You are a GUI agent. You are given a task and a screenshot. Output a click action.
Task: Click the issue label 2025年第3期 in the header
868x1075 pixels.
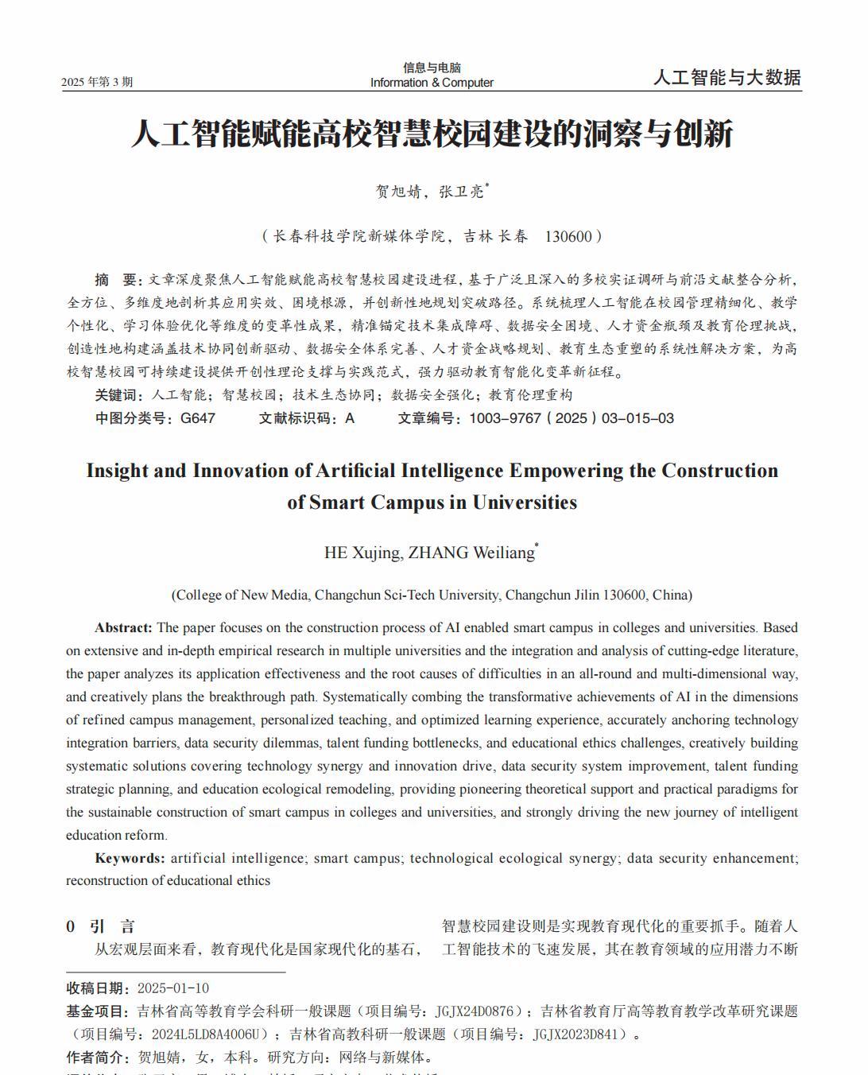97,82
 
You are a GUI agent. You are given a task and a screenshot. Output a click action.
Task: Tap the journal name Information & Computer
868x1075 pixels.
432,83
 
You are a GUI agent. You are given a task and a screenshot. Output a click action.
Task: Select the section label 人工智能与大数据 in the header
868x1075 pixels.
727,77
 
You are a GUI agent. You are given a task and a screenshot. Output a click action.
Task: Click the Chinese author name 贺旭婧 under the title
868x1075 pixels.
398,192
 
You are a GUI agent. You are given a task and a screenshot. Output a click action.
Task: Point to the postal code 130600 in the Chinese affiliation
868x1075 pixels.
568,236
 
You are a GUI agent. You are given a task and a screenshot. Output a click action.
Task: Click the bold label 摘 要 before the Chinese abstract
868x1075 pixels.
118,280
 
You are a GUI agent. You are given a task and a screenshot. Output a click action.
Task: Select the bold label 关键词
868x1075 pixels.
119,395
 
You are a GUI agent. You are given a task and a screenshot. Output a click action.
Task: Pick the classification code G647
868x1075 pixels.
198,418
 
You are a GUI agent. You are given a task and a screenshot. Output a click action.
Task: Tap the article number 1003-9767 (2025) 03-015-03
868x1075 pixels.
571,418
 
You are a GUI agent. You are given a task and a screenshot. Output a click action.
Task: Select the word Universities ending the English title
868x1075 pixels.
525,503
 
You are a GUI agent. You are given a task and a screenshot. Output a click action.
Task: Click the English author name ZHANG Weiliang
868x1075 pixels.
471,553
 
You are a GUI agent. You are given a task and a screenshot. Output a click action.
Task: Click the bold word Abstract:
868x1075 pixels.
123,627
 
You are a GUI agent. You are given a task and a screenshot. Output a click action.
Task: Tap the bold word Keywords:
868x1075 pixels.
130,858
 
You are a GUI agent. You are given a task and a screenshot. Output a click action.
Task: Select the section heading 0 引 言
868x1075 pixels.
100,926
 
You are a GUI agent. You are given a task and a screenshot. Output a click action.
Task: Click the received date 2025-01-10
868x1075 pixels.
173,988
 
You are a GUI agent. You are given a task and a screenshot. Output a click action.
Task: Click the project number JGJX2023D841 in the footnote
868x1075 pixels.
575,1034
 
